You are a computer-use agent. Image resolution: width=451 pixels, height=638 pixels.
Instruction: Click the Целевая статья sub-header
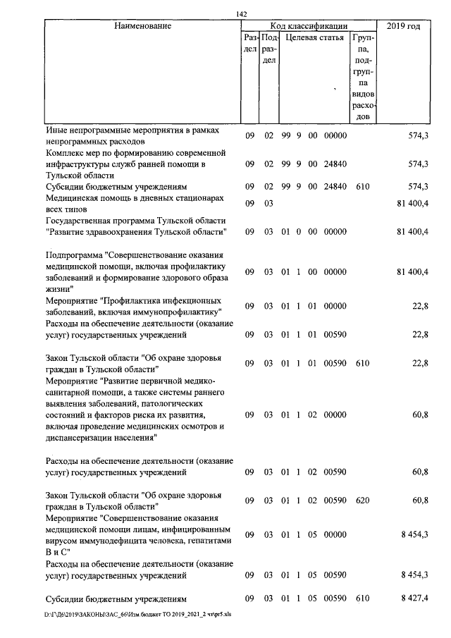314,37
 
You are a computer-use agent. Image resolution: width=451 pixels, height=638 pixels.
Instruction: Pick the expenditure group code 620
362,500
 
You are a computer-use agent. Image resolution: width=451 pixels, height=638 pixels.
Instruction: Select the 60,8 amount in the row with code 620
420,500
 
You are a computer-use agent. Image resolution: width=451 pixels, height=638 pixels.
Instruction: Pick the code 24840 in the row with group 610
335,186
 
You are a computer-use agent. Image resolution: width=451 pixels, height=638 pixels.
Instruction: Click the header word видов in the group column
362,94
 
